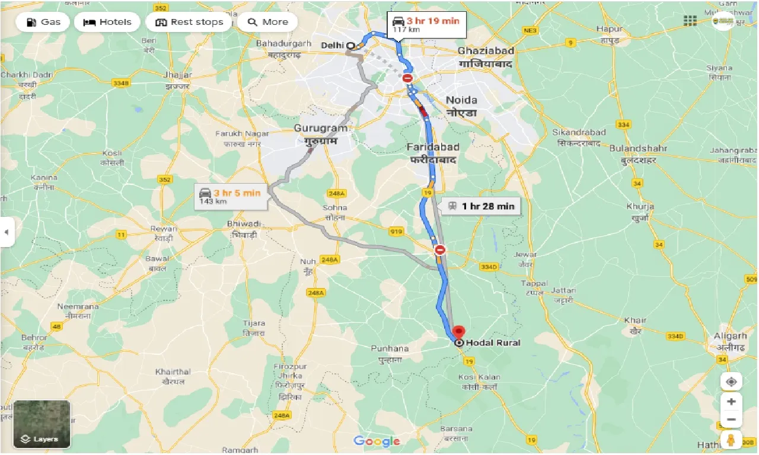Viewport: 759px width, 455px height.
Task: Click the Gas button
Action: (42, 23)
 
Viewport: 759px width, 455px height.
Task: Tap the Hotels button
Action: (107, 23)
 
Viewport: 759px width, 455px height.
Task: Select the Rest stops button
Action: (189, 23)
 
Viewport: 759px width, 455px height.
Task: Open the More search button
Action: (267, 23)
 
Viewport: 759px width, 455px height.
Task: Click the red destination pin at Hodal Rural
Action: (458, 332)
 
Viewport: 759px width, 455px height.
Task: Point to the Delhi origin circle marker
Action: (350, 45)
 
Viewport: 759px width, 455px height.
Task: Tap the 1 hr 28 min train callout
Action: (481, 206)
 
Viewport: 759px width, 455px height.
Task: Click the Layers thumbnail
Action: (42, 424)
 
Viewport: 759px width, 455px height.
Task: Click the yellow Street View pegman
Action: (731, 440)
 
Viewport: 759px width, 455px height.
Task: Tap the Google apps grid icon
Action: (690, 21)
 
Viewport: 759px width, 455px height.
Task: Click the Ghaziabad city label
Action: (486, 51)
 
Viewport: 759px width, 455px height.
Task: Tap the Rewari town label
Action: (163, 229)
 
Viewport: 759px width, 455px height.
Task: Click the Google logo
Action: (377, 441)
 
